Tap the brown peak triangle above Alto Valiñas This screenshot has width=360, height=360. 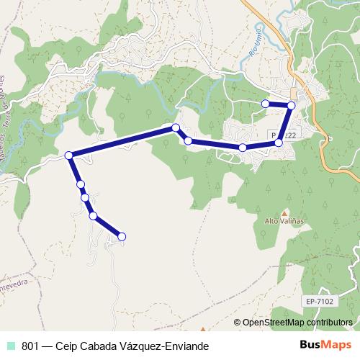point(284,212)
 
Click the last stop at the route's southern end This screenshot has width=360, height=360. point(122,236)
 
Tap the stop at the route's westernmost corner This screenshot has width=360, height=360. point(69,156)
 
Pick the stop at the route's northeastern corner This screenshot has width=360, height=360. point(291,105)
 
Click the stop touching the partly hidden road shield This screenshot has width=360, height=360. point(279,143)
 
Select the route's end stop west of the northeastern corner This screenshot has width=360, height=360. point(265,104)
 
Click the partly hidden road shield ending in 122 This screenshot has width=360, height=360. point(287,135)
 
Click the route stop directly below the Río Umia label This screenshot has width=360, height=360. point(243,148)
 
